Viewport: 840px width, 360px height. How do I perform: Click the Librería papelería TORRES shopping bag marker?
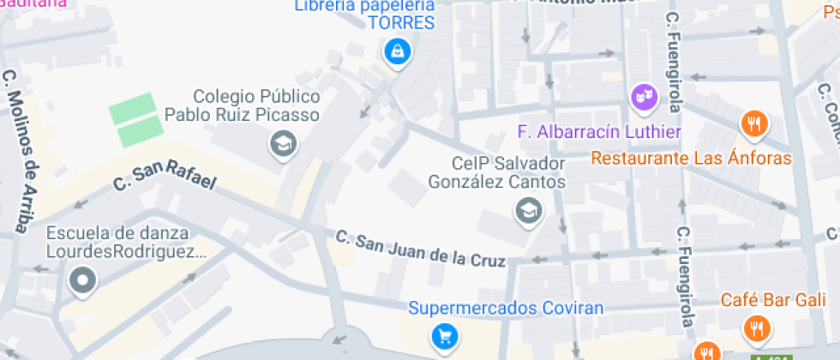click(x=398, y=51)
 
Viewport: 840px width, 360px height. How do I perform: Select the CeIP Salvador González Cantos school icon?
click(x=528, y=209)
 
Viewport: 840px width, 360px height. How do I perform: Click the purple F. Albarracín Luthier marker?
click(x=644, y=98)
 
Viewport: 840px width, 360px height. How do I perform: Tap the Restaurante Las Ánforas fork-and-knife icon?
click(x=753, y=124)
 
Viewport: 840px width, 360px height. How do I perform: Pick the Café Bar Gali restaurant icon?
click(x=757, y=327)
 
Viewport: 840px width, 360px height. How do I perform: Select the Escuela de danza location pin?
click(x=82, y=280)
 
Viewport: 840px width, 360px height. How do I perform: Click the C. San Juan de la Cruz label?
click(x=420, y=248)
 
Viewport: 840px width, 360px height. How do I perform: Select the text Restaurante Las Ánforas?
click(x=692, y=159)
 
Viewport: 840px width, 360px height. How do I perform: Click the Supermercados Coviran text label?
click(x=506, y=309)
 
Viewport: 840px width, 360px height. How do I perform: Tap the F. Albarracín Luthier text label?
click(x=599, y=132)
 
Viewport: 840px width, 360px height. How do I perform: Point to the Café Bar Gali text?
click(x=774, y=299)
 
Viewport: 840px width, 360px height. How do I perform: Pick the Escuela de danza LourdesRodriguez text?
click(x=127, y=242)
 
